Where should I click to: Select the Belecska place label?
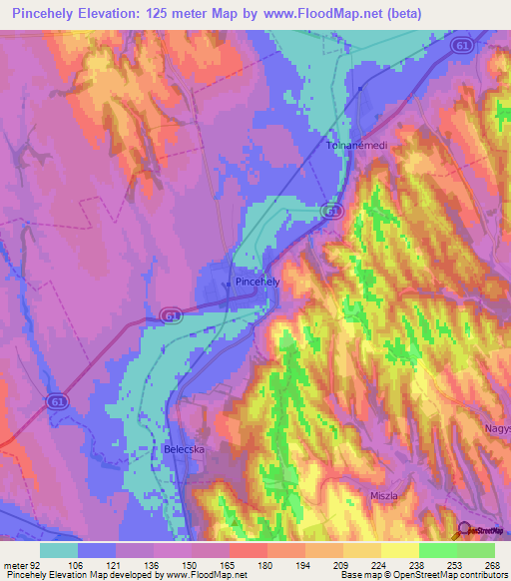pyautogui.click(x=184, y=450)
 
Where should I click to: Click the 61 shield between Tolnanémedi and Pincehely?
pyautogui.click(x=333, y=212)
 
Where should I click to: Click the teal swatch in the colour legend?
pyautogui.click(x=59, y=550)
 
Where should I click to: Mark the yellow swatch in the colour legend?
pyautogui.click(x=400, y=550)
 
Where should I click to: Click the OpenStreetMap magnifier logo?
pyautogui.click(x=465, y=531)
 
